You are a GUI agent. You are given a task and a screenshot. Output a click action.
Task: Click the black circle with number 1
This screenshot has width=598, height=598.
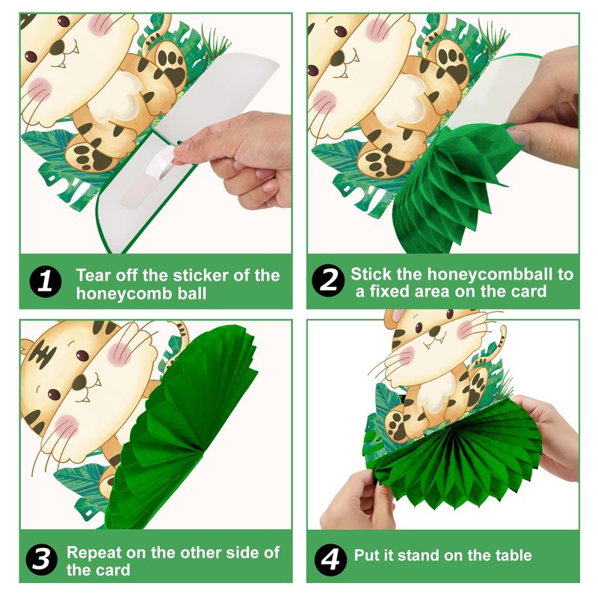45,282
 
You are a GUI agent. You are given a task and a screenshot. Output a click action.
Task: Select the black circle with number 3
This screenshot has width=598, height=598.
42,559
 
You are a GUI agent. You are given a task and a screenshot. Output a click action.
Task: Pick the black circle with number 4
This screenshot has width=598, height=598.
330,560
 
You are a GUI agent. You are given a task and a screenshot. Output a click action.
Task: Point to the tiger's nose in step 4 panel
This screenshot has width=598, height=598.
434,331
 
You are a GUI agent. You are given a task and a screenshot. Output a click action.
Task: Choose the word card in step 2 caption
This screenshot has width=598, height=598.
530,292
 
